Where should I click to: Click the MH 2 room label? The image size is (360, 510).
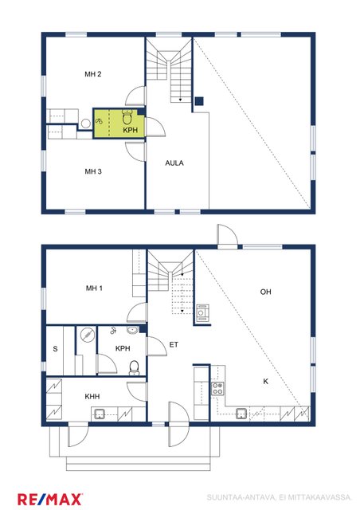[x=93, y=74]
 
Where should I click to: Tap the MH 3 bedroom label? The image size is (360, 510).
[x=93, y=171]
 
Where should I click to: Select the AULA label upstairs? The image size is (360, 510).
[x=174, y=163]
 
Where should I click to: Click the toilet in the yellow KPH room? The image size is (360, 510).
[x=127, y=117]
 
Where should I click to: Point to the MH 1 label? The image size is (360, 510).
[x=94, y=288]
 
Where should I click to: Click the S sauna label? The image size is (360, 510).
[x=55, y=349]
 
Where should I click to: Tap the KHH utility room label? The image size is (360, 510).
[x=92, y=397]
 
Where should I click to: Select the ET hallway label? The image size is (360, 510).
[x=174, y=344]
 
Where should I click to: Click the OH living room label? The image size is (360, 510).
[x=266, y=292]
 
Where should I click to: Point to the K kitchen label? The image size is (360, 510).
[x=266, y=381]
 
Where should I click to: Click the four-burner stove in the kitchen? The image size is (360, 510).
[x=217, y=388]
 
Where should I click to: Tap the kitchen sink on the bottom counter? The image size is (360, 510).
[x=241, y=414]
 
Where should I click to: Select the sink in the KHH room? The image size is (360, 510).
[x=100, y=414]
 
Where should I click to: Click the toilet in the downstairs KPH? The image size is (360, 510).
[x=134, y=367]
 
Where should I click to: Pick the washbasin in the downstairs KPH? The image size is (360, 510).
[x=133, y=330]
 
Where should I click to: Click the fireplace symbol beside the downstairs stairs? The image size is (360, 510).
[x=202, y=313]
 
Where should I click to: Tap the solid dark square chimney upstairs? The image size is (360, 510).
[x=199, y=101]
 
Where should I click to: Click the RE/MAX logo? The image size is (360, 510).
[x=49, y=500]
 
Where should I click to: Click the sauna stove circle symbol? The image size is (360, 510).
[x=87, y=335]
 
